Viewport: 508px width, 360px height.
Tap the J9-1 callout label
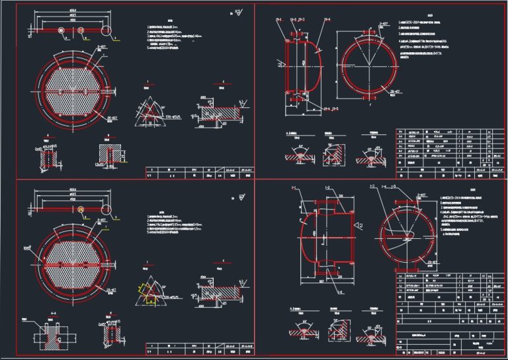(278, 21)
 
